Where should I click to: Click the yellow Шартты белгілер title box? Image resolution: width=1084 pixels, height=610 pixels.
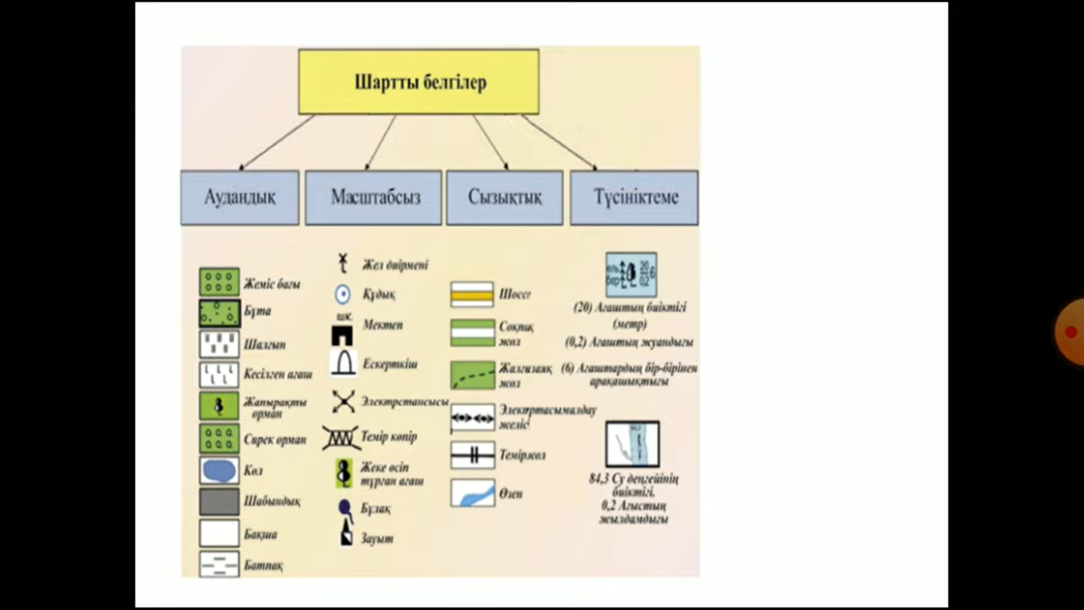coord(418,82)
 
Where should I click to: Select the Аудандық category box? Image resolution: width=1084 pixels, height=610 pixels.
coord(240,197)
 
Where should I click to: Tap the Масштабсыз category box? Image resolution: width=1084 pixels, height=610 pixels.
coord(374,197)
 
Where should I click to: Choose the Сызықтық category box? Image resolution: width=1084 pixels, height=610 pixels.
coord(505,197)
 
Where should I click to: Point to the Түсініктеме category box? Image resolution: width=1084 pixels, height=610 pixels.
coord(635,197)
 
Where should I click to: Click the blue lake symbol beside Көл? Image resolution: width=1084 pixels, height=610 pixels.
coord(219,470)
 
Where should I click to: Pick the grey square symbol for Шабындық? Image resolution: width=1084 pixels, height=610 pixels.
coord(219,502)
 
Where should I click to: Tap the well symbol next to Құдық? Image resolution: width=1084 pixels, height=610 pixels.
coord(342,295)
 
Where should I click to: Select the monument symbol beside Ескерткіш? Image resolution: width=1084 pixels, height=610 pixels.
coord(344,364)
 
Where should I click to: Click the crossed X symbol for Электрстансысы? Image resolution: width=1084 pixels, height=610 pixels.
coord(343,401)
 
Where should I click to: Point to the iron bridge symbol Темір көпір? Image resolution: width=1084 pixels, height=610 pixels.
coord(340,438)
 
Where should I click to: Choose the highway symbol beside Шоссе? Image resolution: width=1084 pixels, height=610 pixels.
coord(472,295)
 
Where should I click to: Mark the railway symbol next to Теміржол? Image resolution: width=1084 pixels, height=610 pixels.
coord(472,456)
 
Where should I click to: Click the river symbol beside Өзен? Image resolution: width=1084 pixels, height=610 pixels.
coord(472,493)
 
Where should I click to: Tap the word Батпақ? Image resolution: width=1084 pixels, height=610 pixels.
coord(264,566)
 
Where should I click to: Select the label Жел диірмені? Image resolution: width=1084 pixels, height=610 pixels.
coord(394,264)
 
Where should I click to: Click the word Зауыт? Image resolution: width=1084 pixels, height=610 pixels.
coord(378,539)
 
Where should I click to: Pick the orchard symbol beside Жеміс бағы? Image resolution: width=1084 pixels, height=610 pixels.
coord(219,282)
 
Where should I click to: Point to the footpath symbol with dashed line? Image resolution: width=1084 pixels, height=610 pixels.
coord(472,375)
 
